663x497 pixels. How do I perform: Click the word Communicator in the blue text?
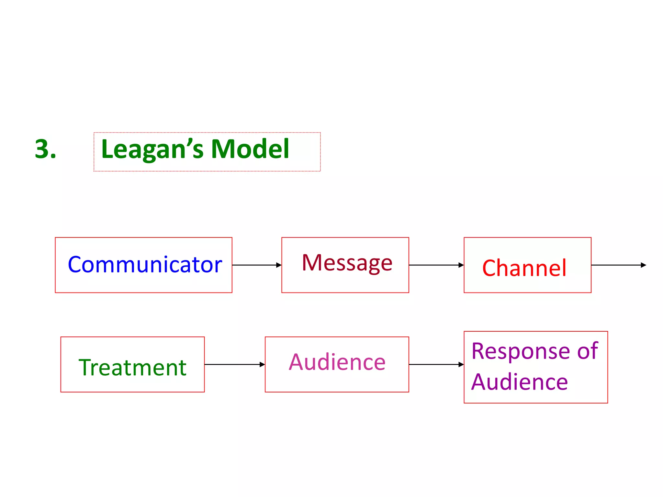point(145,265)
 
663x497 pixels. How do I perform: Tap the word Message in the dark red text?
point(347,263)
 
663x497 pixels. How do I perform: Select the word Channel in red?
point(524,268)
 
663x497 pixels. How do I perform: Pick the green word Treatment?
point(132,368)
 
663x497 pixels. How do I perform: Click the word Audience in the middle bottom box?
point(337,362)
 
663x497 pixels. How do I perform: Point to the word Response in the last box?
point(521,351)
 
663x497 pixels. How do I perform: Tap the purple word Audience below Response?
point(519,382)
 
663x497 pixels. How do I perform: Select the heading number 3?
point(45,149)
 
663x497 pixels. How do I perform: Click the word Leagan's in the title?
point(152,149)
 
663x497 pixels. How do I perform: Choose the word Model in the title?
point(250,149)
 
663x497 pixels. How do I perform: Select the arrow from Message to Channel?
point(436,265)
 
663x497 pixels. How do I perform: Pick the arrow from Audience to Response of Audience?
point(436,364)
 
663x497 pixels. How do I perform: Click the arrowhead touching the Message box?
point(279,265)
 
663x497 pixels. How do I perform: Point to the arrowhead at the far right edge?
point(643,265)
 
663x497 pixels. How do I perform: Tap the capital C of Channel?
point(490,268)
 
